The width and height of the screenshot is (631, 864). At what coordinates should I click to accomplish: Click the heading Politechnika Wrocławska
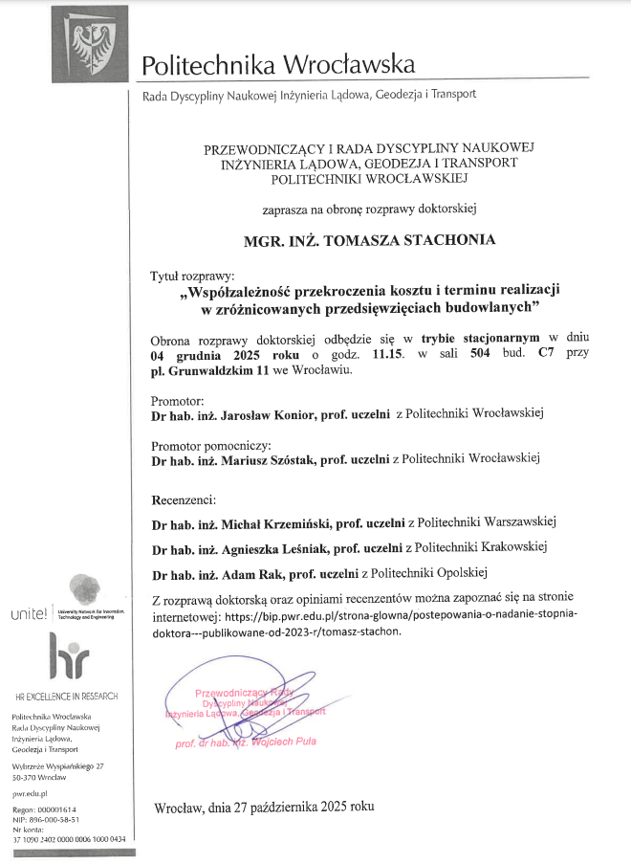[278, 65]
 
